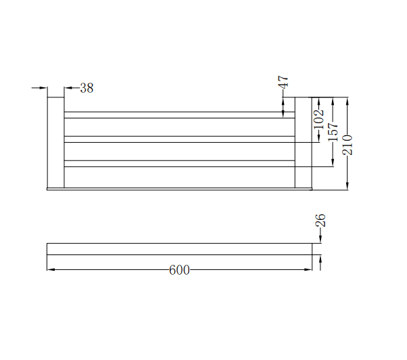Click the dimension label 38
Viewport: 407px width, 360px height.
87,88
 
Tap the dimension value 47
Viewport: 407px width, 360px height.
284,83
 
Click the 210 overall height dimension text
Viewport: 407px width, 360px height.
347,144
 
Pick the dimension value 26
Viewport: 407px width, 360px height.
320,220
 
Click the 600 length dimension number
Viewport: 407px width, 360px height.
178,270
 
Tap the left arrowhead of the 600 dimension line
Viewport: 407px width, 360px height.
51,270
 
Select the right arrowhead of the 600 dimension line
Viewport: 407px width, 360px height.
308,270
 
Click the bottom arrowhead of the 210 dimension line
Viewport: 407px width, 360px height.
347,185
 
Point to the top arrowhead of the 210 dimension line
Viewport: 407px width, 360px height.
347,102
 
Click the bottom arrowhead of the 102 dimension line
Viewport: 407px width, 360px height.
319,139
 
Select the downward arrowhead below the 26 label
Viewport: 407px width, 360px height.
320,239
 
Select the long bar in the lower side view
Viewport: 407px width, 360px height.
178,249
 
